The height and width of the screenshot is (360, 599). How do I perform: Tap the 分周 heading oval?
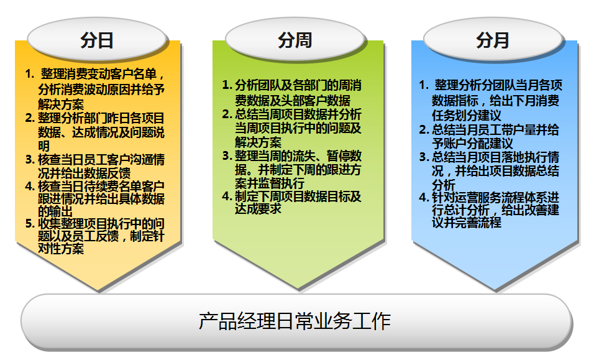295,40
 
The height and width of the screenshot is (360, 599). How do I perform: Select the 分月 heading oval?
493,40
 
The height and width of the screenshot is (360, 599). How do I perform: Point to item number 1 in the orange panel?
29,74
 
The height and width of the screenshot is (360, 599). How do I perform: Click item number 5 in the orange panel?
29,223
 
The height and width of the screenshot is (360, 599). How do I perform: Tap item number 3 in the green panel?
227,155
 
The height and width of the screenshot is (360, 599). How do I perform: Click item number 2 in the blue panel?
424,130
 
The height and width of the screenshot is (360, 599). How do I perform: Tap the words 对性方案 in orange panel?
61,249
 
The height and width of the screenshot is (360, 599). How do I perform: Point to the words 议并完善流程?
467,222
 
